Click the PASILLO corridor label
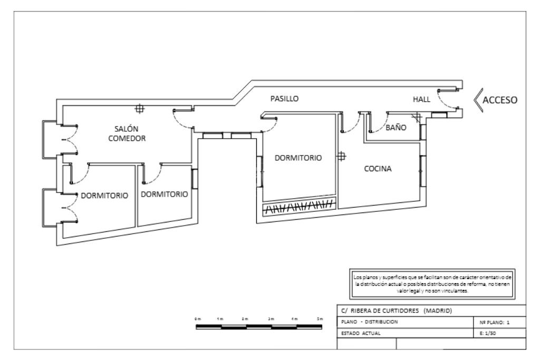pos(285,98)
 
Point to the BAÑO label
pos(396,127)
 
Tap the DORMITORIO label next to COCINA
pos(298,157)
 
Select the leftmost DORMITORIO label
pos(104,196)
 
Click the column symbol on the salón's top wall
pos(140,109)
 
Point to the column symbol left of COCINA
pos(341,157)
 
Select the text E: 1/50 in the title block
pos(486,333)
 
